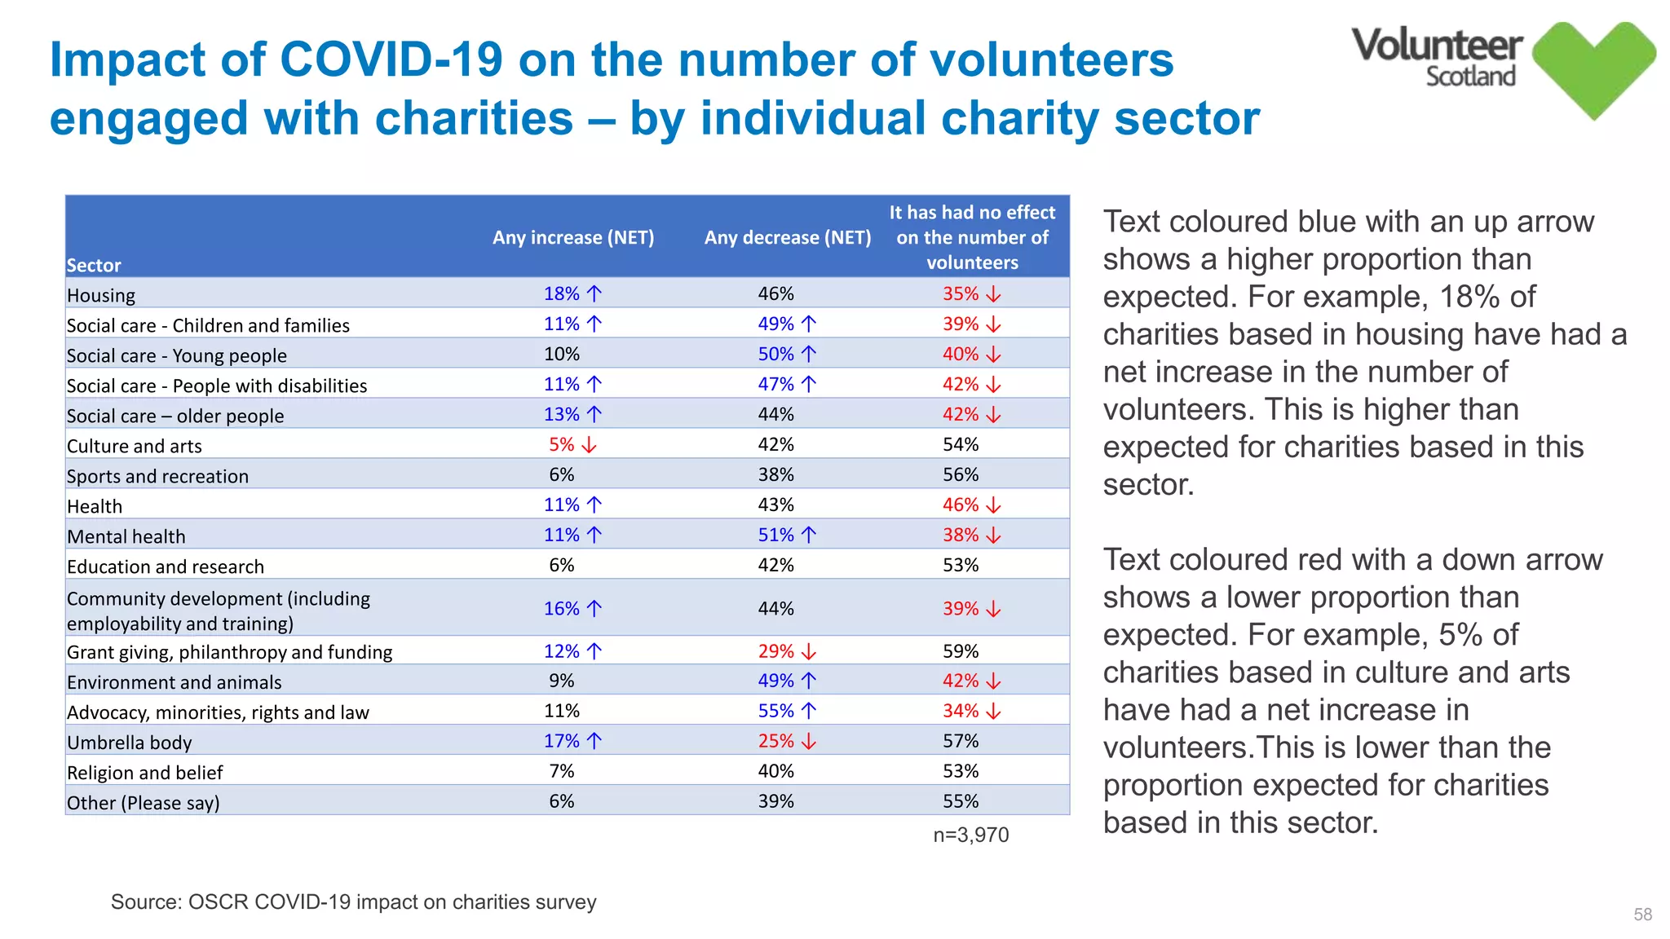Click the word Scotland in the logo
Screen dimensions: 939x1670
[1470, 77]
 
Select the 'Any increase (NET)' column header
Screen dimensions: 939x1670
[573, 237]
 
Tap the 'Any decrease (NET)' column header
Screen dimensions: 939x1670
[788, 237]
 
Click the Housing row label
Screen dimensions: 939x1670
[101, 295]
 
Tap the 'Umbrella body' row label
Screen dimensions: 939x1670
[129, 743]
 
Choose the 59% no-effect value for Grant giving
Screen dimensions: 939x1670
[961, 651]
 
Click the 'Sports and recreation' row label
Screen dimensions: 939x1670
[157, 476]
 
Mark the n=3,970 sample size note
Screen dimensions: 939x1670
[970, 835]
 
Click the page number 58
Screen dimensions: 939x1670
[1642, 915]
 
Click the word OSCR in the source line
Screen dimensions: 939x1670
[218, 902]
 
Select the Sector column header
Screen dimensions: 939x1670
[94, 265]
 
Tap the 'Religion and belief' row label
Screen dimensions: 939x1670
[144, 773]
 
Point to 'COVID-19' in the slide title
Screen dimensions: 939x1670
[391, 60]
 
